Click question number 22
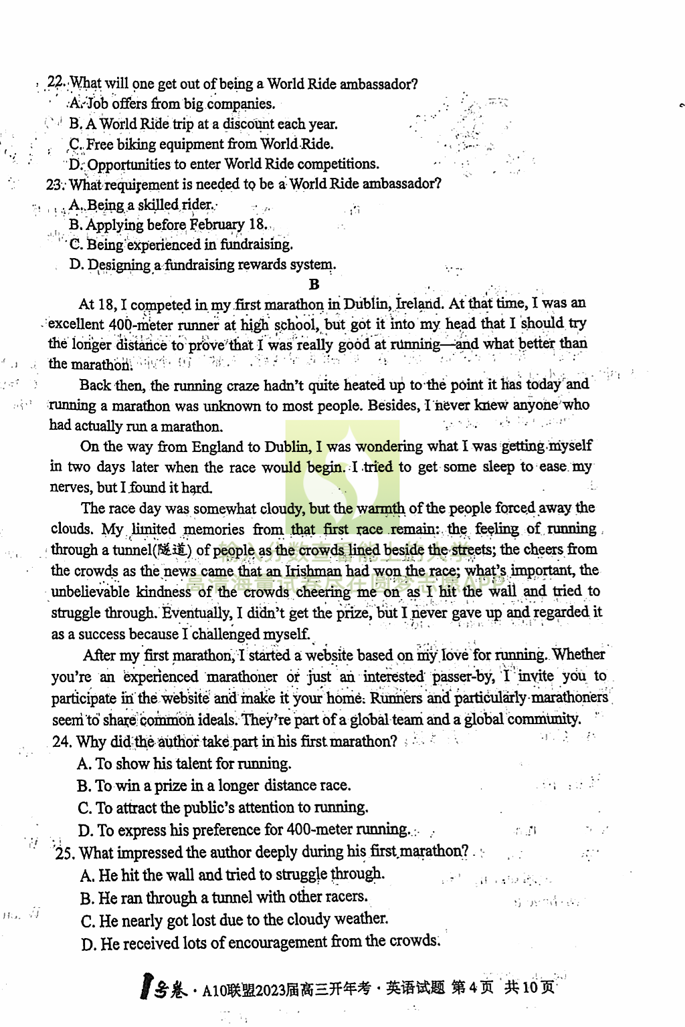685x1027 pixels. pos(56,83)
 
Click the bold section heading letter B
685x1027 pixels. pos(314,284)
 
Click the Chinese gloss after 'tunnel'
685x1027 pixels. pos(173,550)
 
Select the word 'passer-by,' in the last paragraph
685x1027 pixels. pos(464,676)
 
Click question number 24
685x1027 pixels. pos(62,741)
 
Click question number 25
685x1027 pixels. pos(65,852)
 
